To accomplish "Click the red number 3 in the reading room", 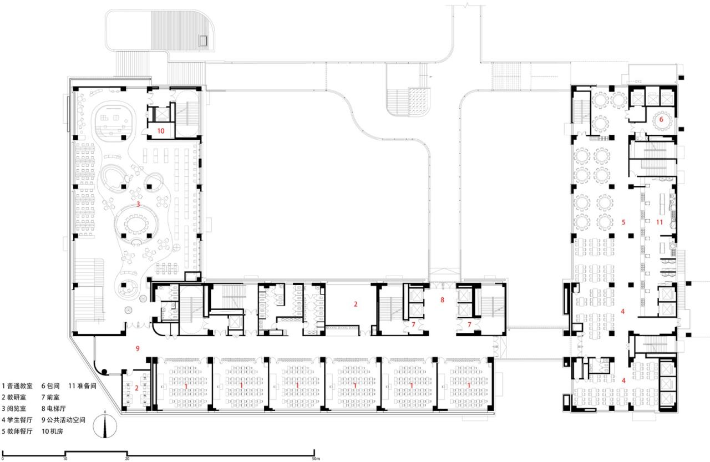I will coord(138,205).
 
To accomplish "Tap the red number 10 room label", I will coord(160,131).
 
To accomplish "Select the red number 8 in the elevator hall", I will coord(442,300).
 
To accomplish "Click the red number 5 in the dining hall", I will coord(623,222).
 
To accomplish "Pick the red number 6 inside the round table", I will coord(661,119).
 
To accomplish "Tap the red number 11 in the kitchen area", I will coord(659,222).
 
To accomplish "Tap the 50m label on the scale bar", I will coord(315,458).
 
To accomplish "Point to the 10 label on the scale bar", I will coord(65,458).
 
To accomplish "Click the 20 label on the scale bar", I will coord(127,458).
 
